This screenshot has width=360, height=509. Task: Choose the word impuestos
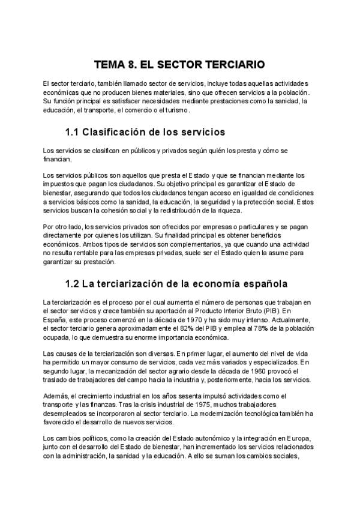pos(62,185)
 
